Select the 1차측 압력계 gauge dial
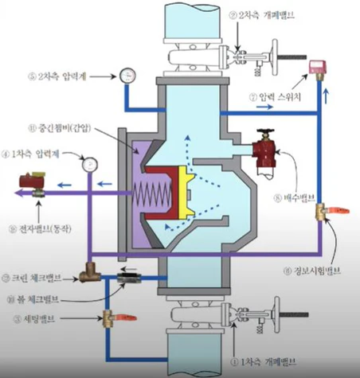click(89, 164)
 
